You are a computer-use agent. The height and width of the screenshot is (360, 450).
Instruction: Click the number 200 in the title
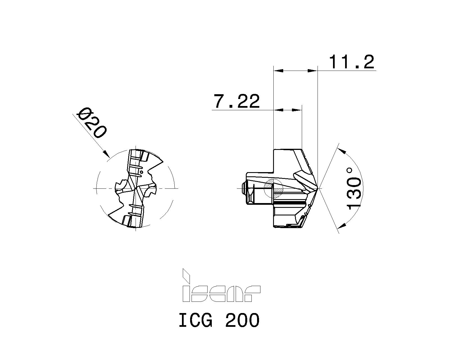[x=242, y=320]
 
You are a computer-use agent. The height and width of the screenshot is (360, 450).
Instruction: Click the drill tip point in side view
[x=318, y=188]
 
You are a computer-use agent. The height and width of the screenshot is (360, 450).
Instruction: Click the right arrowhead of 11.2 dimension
[x=313, y=71]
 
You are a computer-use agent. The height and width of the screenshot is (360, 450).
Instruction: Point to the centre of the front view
[x=136, y=188]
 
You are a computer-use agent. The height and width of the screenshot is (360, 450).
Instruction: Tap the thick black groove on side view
[x=290, y=203]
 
